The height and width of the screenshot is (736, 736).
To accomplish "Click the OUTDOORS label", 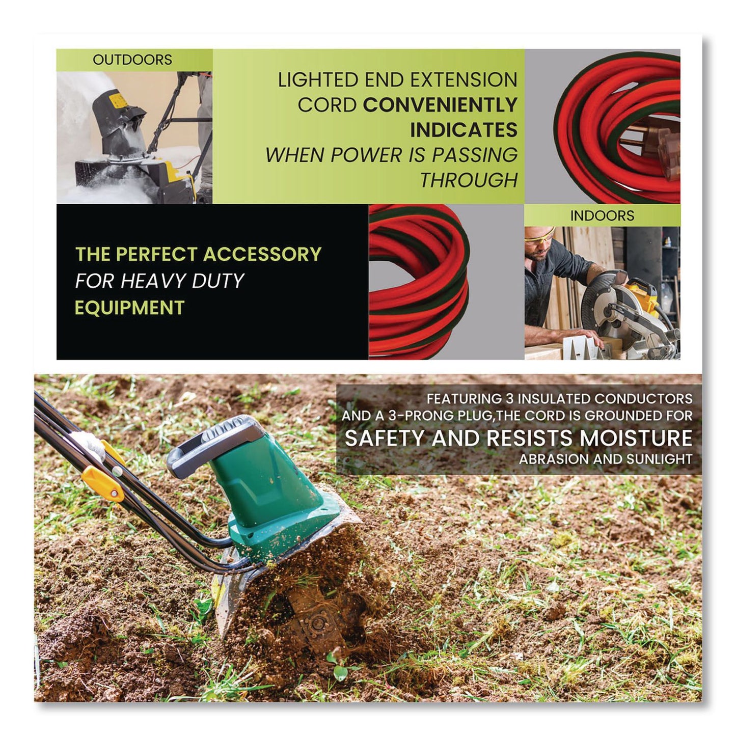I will coord(132,60).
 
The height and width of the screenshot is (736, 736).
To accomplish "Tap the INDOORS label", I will coord(602,215).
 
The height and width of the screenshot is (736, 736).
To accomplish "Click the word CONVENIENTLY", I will coord(440,105).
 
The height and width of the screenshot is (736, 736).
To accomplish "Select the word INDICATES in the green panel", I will coord(464,130).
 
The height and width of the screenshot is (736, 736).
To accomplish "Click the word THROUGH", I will coord(469,180).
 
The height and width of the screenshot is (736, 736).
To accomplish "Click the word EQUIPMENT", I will coord(129,308).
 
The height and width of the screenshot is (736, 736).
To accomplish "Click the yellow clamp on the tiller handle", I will coord(102,481).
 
